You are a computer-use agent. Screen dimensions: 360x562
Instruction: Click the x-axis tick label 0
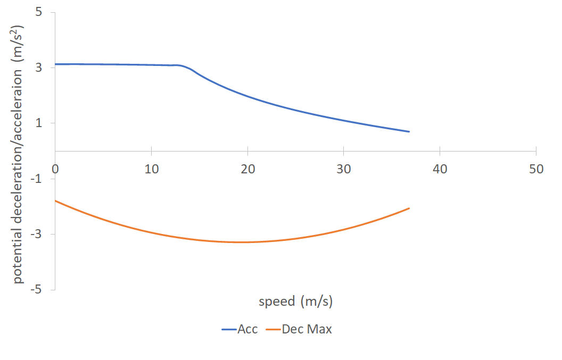pyautogui.click(x=55, y=169)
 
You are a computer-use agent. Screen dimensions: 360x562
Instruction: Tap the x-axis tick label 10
pyautogui.click(x=152, y=169)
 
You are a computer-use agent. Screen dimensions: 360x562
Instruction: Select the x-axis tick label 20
pyautogui.click(x=247, y=169)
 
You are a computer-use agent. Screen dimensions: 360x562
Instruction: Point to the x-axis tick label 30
pyautogui.click(x=344, y=169)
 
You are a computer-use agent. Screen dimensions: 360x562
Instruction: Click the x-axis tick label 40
pyautogui.click(x=440, y=169)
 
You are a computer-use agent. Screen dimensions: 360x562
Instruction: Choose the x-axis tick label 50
pyautogui.click(x=536, y=169)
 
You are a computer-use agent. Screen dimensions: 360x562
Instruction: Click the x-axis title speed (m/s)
pyautogui.click(x=296, y=302)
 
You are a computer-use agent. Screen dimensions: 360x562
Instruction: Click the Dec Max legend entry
pyautogui.click(x=307, y=329)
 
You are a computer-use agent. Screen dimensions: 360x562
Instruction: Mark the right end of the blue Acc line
pyautogui.click(x=409, y=131)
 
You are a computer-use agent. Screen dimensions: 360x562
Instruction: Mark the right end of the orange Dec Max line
pyautogui.click(x=409, y=208)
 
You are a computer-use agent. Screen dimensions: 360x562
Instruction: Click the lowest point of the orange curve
pyautogui.click(x=243, y=242)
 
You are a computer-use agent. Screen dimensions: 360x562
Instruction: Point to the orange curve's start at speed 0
pyautogui.click(x=56, y=201)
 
